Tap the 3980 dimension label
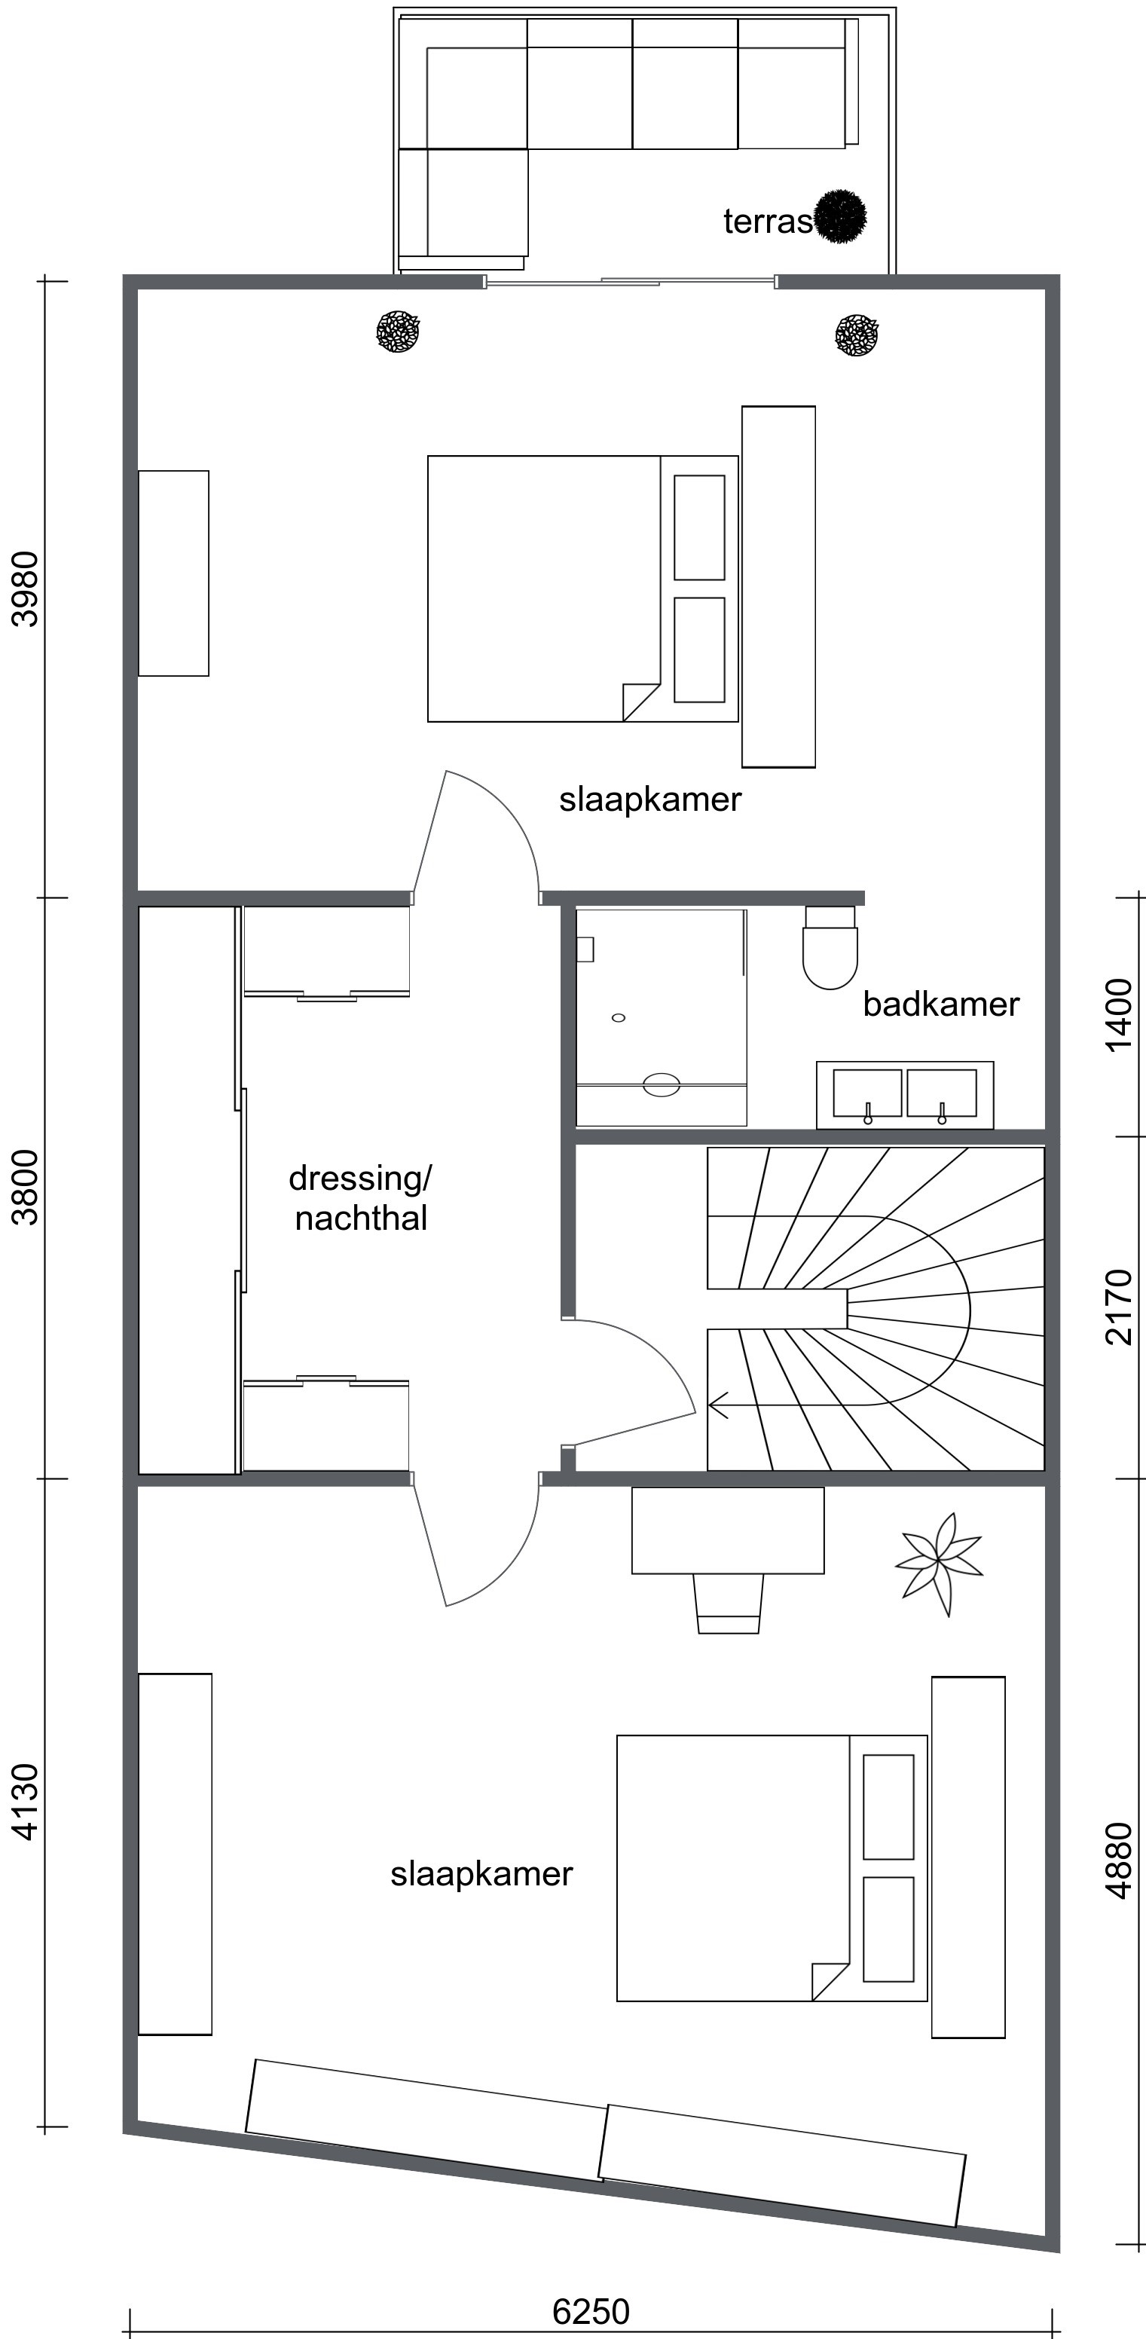[x=26, y=589]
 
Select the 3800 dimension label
[x=26, y=1187]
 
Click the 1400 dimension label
[x=1120, y=1014]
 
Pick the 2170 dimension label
[x=1120, y=1307]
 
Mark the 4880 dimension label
[x=1120, y=1860]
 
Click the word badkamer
[x=941, y=1004]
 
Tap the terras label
[x=767, y=222]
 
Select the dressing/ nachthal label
[x=360, y=1197]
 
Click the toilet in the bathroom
[x=830, y=947]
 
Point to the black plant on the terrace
[x=840, y=216]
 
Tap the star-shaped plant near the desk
[x=939, y=1564]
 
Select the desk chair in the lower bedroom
[x=729, y=1603]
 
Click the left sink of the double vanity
[x=867, y=1093]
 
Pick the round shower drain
[x=619, y=1018]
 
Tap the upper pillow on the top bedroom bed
[x=699, y=527]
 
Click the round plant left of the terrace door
[x=398, y=332]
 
